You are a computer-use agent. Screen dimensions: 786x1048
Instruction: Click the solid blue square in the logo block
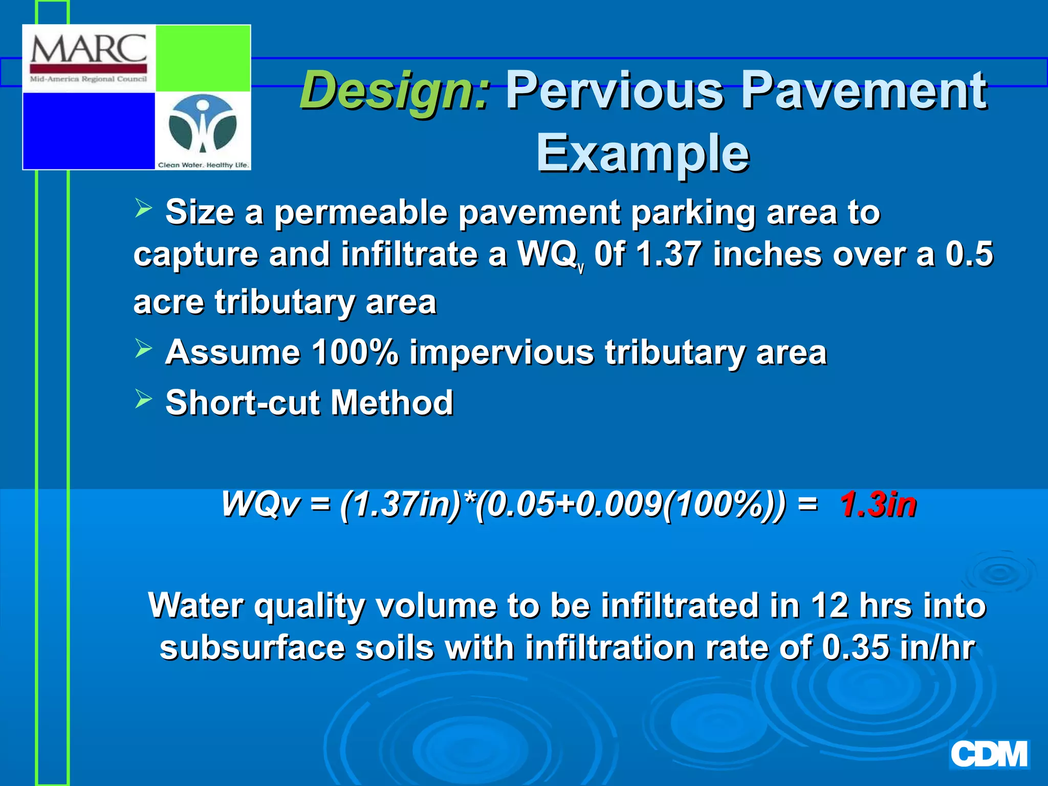89,130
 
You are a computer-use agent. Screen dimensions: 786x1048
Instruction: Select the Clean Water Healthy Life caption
203,165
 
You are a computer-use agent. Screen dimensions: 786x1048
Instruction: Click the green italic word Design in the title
395,91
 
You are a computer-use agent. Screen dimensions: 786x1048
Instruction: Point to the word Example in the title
642,152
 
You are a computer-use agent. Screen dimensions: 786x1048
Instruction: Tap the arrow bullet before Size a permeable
144,209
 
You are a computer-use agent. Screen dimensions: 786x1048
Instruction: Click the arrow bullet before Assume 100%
144,349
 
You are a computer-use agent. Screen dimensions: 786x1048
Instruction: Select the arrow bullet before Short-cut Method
144,399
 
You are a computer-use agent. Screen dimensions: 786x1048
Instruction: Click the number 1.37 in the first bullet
668,254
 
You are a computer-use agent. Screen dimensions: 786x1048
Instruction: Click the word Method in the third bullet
391,403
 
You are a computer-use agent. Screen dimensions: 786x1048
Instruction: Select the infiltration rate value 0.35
855,648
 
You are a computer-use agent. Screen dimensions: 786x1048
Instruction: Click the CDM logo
989,754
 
